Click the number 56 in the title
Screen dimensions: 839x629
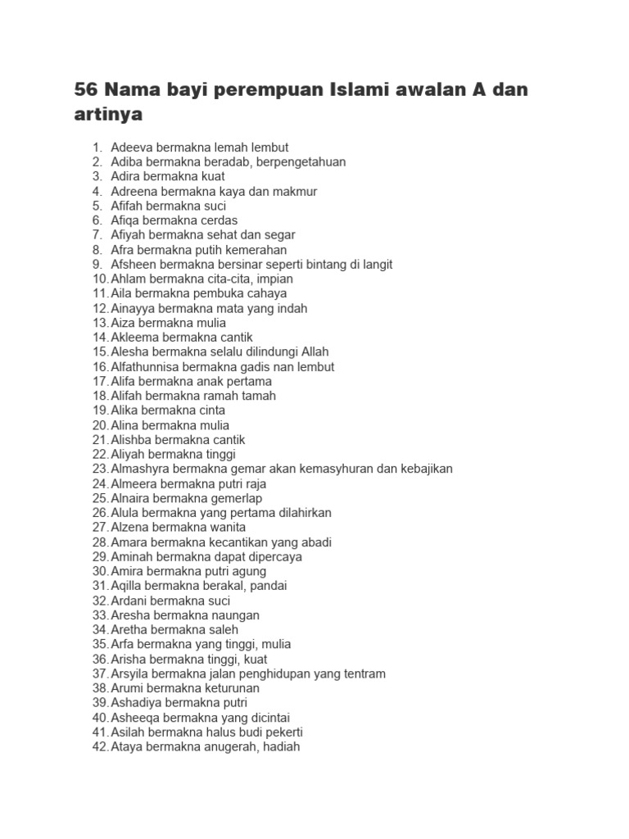86,89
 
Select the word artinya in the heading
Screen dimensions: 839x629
108,115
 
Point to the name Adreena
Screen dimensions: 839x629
133,191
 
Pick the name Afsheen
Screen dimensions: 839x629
133,264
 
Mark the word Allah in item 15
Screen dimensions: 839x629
315,351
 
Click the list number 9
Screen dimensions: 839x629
97,264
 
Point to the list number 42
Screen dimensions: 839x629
100,746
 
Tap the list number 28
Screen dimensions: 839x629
100,542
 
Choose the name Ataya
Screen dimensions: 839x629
126,746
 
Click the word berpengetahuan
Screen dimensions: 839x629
301,161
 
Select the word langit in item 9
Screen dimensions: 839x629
376,264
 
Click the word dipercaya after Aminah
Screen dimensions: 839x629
274,556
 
